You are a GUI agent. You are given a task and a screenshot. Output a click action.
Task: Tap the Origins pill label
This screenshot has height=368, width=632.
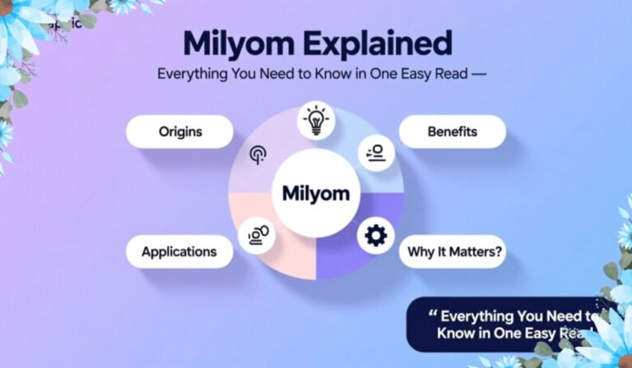click(180, 131)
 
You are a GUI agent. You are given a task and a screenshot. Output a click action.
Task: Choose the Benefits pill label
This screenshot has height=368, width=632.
click(453, 131)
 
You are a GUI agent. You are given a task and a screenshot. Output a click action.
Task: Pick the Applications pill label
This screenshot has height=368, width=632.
click(179, 251)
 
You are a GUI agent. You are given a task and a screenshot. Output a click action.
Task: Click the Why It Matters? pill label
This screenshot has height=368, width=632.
click(452, 251)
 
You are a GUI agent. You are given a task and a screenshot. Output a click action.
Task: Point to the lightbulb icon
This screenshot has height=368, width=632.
click(315, 120)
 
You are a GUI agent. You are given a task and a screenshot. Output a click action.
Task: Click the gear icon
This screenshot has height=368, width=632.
click(375, 237)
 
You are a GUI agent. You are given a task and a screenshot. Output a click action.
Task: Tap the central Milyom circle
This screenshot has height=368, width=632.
click(315, 194)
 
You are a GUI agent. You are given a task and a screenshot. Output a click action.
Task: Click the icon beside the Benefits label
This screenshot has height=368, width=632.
click(376, 153)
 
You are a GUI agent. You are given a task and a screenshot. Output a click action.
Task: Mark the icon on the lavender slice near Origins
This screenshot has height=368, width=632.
click(257, 154)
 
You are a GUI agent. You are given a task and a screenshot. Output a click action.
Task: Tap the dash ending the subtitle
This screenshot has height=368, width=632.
click(480, 74)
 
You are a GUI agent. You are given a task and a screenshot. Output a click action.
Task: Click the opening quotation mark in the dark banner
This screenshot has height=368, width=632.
click(433, 315)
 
